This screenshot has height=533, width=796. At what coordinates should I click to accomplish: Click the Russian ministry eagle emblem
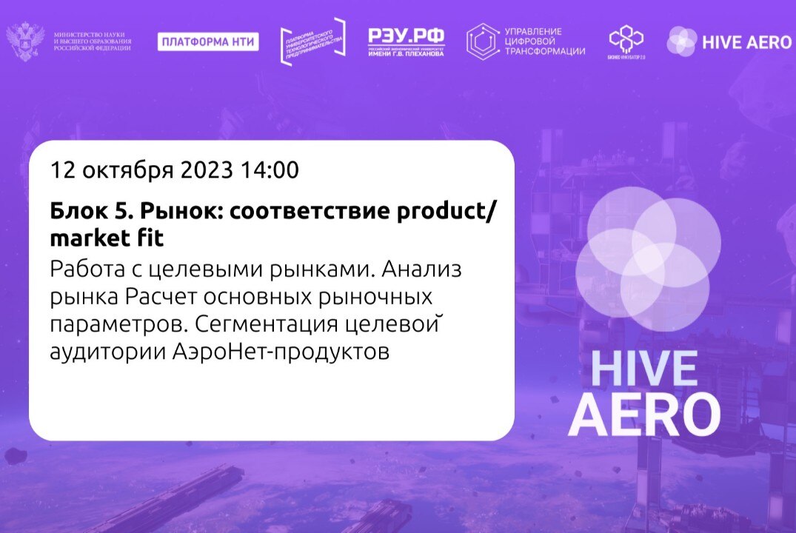(x=25, y=42)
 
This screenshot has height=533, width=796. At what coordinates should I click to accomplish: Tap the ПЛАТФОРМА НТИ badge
(x=208, y=42)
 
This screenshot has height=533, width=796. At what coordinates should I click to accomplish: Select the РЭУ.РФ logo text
(x=406, y=36)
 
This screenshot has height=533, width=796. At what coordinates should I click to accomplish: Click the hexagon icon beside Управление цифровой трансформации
(x=482, y=41)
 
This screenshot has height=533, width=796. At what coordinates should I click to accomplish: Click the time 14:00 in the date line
(x=270, y=170)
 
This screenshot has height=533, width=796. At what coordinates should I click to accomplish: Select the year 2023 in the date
(x=207, y=170)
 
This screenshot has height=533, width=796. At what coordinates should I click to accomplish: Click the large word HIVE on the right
(x=643, y=369)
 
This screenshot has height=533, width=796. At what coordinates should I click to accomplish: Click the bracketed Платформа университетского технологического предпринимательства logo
(x=313, y=42)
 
